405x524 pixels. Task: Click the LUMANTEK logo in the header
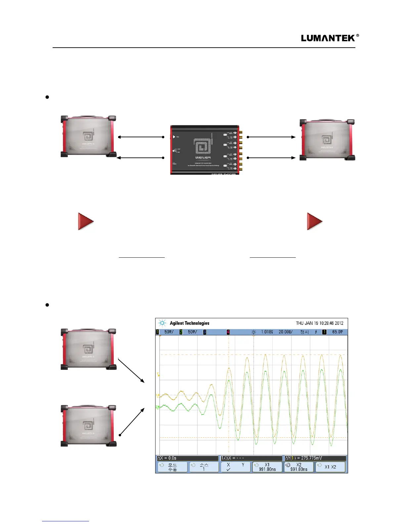point(330,38)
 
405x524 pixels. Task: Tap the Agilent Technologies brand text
point(189,323)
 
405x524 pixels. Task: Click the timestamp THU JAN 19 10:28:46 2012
point(319,323)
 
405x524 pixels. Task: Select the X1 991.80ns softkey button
point(267,467)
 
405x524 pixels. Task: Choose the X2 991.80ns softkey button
point(298,467)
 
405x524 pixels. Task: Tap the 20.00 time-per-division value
point(285,332)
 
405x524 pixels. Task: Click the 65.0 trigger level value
point(337,332)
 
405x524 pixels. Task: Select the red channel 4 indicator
point(228,332)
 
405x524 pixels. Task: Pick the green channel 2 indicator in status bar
point(181,332)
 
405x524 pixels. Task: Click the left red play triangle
point(86,221)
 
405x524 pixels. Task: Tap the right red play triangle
point(315,221)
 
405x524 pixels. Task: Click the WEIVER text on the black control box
point(203,157)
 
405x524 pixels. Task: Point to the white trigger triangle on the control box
point(174,137)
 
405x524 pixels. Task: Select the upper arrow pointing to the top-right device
point(271,137)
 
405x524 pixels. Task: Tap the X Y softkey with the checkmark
point(236,467)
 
